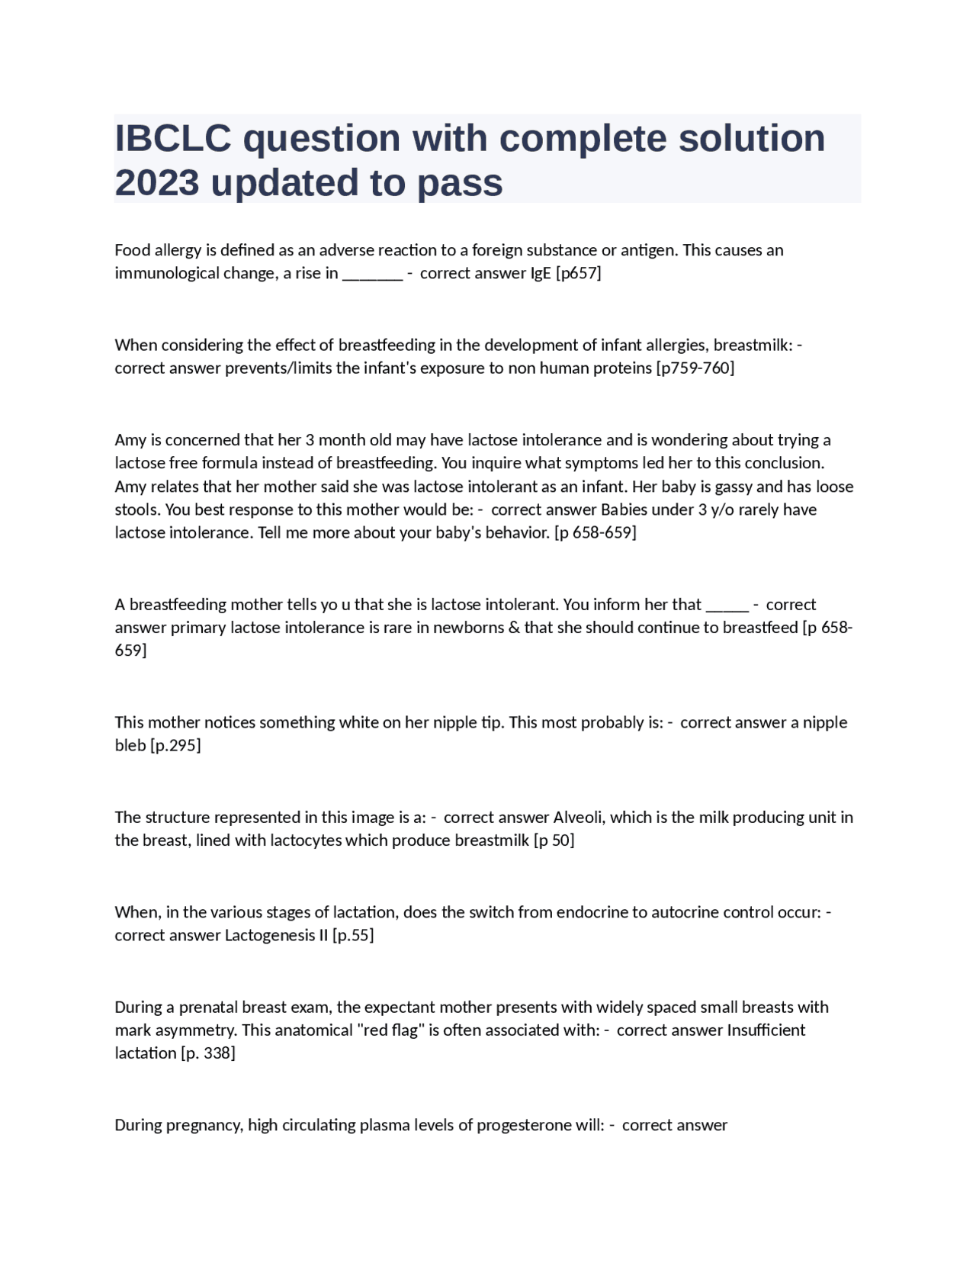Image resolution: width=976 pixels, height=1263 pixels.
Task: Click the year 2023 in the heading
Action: pos(157,182)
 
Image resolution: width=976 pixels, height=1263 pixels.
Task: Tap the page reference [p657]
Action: pos(579,273)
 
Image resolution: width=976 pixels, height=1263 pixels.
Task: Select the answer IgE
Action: pos(541,273)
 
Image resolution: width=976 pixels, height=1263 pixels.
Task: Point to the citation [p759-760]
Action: pos(695,368)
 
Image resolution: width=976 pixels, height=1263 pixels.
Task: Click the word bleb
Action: pos(130,745)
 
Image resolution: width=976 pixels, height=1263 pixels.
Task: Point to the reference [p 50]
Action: pos(554,840)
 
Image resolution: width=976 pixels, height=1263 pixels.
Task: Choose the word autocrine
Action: pos(685,911)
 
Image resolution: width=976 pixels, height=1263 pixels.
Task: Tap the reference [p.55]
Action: pos(353,935)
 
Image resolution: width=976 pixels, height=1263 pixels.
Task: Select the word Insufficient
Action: pos(766,1030)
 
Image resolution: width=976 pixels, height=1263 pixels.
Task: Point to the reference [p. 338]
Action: pos(207,1052)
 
